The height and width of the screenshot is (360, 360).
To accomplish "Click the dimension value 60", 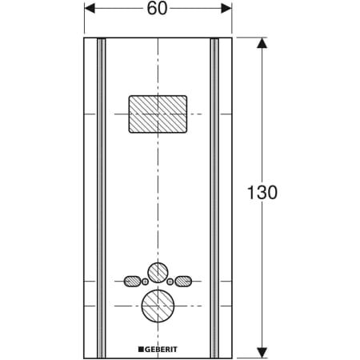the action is tap(158, 8).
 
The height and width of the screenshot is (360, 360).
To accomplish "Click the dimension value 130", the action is tap(262, 192).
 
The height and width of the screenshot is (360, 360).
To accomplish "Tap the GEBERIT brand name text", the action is tap(161, 350).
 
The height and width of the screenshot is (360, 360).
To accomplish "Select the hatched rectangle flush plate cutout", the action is tap(158, 114).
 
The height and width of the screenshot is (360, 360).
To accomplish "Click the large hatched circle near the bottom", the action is tap(158, 306).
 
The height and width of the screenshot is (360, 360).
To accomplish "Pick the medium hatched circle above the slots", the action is tap(158, 273).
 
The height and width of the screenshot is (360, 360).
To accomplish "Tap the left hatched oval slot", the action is tap(132, 281).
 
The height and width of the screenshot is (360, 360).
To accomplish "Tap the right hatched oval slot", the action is tap(183, 281).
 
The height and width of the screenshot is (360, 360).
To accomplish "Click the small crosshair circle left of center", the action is tap(145, 282).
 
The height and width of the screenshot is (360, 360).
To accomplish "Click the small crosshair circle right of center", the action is tap(170, 282).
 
